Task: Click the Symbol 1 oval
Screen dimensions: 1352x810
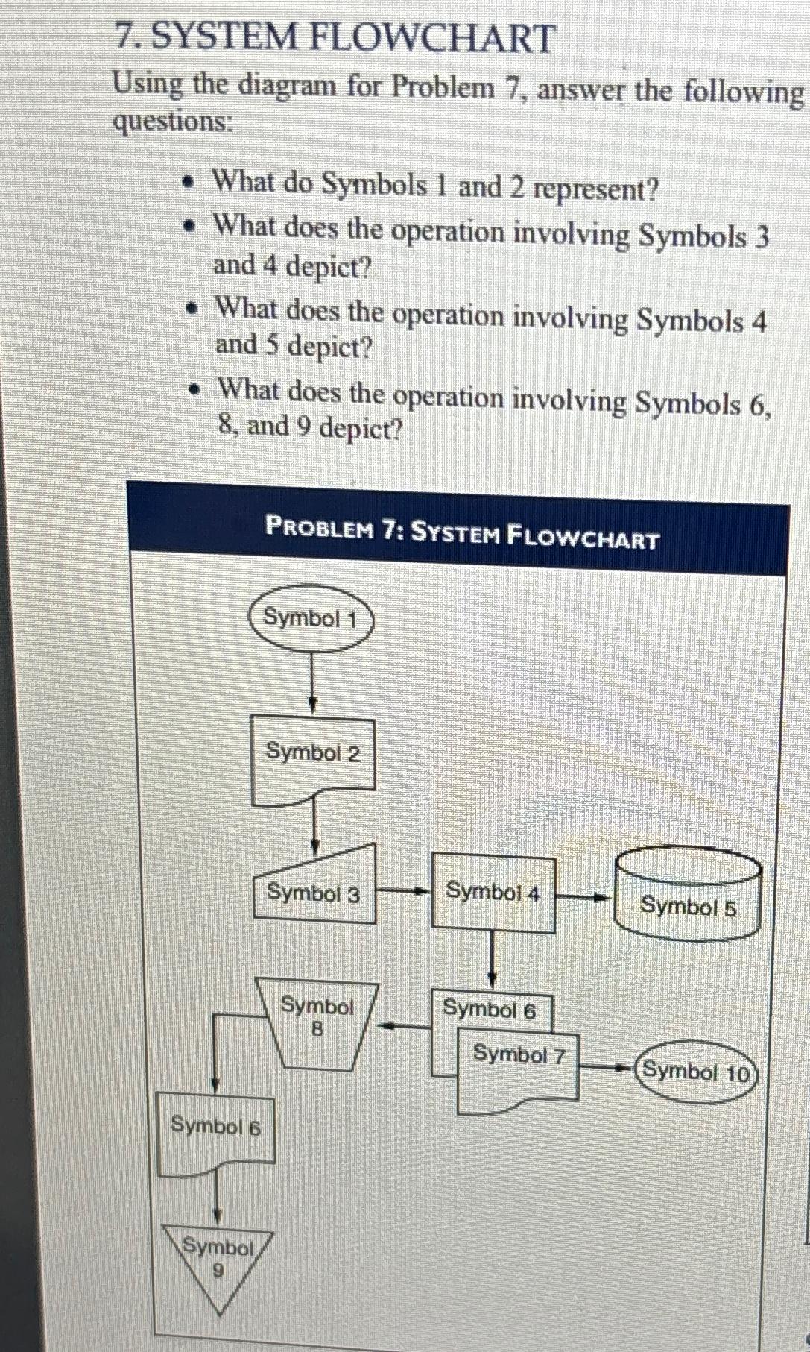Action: point(310,618)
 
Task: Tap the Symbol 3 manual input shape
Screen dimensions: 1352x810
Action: point(313,889)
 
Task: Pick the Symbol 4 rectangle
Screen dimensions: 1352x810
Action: point(493,893)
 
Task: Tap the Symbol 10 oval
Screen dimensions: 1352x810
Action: point(696,1072)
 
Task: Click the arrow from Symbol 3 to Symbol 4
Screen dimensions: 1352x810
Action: point(403,891)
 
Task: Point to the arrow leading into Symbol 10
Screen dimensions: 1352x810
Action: point(607,1068)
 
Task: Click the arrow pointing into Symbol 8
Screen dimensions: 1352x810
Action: point(403,1027)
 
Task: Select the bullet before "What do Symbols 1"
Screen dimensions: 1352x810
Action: point(192,181)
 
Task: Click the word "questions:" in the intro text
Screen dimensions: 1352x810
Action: point(172,120)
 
